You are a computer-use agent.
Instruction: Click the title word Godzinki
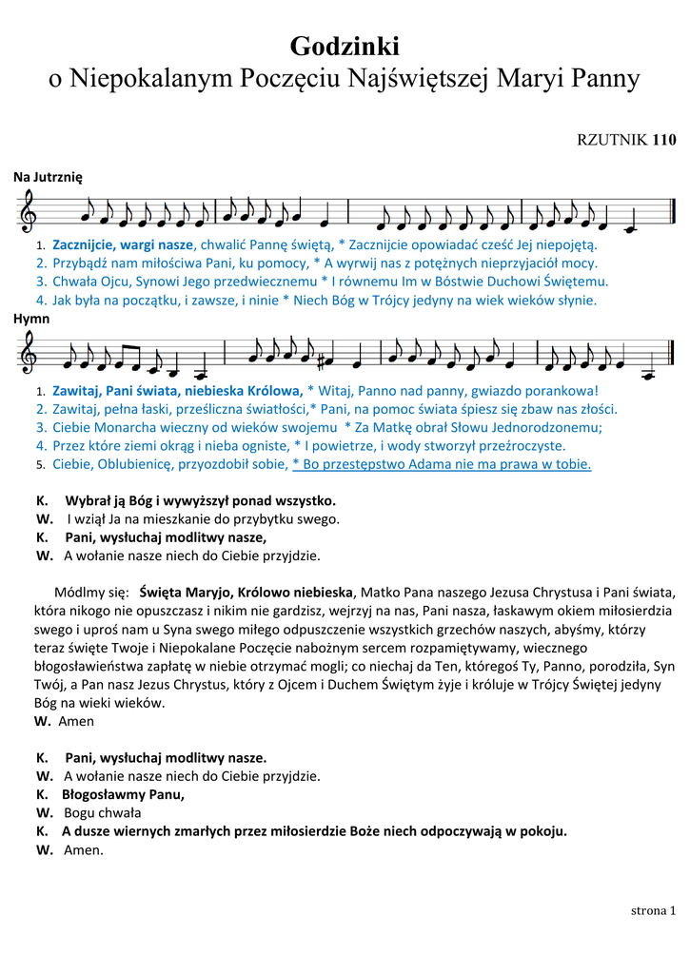pyautogui.click(x=345, y=46)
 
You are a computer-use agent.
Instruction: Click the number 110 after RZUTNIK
pyautogui.click(x=663, y=141)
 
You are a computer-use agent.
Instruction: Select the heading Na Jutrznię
pyautogui.click(x=49, y=177)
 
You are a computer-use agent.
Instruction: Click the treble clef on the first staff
pyautogui.click(x=30, y=211)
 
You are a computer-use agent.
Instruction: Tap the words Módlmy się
pyautogui.click(x=91, y=591)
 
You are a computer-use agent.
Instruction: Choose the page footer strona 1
pyautogui.click(x=653, y=910)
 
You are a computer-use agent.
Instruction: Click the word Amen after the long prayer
pyautogui.click(x=76, y=721)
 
